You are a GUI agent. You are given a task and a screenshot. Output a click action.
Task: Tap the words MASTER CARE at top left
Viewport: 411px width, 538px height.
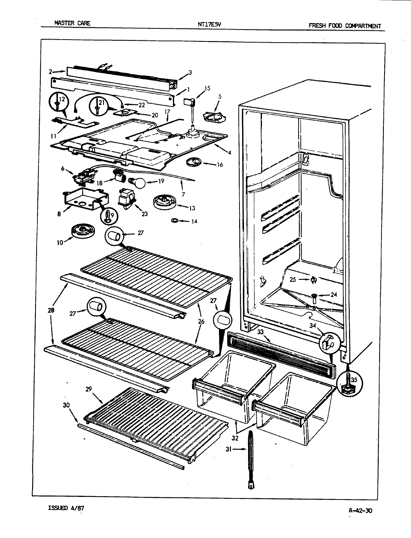(72, 23)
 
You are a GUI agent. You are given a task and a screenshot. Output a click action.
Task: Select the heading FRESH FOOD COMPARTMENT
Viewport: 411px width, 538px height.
(344, 26)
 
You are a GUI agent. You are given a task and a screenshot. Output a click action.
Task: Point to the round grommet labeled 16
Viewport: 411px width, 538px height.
(194, 162)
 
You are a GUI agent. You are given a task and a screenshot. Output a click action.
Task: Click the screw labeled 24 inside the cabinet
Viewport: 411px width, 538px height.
(313, 297)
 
